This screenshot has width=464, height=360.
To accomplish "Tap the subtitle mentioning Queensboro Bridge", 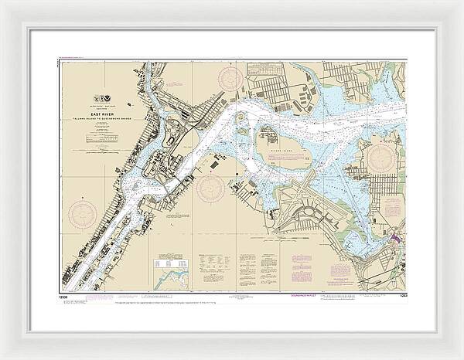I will point(105,117).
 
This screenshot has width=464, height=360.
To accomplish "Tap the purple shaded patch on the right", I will point(396,240).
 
